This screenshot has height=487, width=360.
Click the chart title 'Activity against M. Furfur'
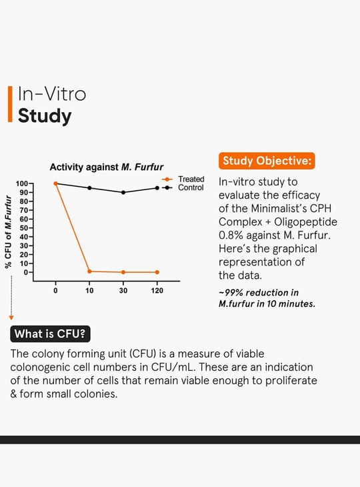tap(107, 167)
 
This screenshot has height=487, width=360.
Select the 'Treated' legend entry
tap(183, 179)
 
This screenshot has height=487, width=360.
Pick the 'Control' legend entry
tap(183, 187)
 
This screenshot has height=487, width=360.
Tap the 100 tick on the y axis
tap(22, 183)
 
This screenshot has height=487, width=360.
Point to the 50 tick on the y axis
tap(24, 228)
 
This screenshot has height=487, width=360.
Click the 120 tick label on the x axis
tap(157, 291)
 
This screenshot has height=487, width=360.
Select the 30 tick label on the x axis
tap(123, 291)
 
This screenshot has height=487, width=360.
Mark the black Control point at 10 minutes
tap(90, 188)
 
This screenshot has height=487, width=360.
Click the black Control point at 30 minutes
tap(123, 193)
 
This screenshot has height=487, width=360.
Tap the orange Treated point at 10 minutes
tap(90, 272)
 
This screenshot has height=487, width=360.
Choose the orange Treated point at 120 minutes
tap(157, 272)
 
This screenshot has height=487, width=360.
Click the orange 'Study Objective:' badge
tap(267, 161)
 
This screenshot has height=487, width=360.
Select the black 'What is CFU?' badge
tap(50, 334)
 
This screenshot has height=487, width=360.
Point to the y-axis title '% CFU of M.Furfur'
tap(8, 231)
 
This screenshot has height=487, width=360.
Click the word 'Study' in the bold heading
tap(45, 116)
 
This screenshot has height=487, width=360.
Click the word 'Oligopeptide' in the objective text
tap(306, 222)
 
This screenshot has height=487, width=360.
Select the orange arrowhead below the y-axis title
tap(11, 318)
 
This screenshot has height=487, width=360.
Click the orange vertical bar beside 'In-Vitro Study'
tap(10, 104)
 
